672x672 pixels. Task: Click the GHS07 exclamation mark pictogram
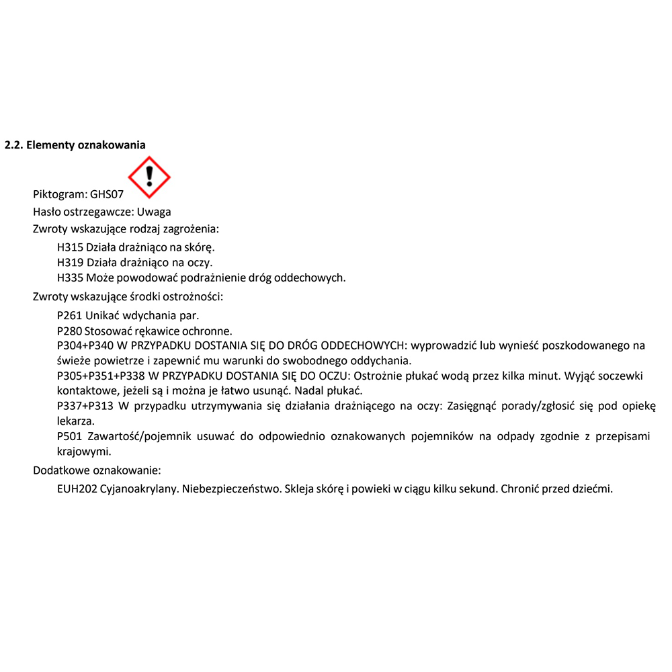tap(149, 177)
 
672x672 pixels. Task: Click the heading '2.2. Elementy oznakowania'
tap(75, 145)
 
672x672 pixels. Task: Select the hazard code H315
tap(71, 247)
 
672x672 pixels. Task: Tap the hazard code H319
tap(71, 262)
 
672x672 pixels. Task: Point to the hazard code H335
tap(71, 278)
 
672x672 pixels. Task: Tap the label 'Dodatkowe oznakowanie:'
tap(97, 470)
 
